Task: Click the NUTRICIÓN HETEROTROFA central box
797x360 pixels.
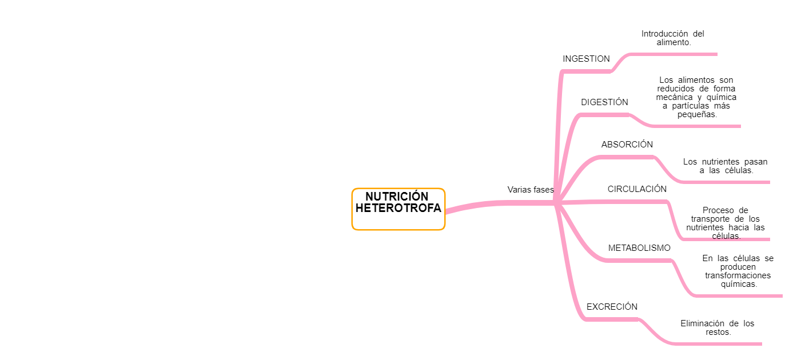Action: [x=398, y=209]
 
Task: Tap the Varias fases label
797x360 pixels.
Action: [x=531, y=190]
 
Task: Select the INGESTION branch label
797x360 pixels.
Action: [x=586, y=59]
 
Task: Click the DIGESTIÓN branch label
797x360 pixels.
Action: [x=604, y=102]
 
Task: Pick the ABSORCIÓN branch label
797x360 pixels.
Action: [x=627, y=145]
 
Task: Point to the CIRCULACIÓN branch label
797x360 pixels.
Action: [x=637, y=189]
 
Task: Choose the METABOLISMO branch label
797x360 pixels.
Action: [x=639, y=248]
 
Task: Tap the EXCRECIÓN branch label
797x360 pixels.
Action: [x=612, y=307]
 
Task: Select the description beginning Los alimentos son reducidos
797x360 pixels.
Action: [x=696, y=97]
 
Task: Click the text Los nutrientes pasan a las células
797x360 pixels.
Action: [x=726, y=166]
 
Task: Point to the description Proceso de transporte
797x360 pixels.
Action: [x=726, y=223]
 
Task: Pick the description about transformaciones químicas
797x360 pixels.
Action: [x=738, y=271]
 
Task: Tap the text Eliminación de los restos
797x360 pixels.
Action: [x=718, y=327]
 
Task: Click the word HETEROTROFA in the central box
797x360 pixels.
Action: [x=398, y=209]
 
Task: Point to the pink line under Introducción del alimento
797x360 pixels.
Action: [x=675, y=54]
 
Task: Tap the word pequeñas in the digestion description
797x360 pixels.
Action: [x=696, y=114]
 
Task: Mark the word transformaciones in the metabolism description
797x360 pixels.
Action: [x=738, y=275]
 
